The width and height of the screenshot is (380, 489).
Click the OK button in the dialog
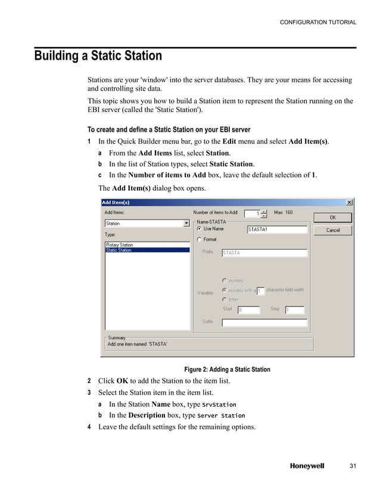point(333,218)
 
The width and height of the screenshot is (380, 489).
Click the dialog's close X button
point(350,202)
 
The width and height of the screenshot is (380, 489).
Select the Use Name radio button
point(199,228)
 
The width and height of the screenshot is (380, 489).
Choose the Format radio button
point(199,239)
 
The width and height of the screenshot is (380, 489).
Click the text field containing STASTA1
point(277,229)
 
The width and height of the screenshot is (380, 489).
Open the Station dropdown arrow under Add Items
point(186,224)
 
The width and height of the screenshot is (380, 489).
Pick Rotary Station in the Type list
point(119,245)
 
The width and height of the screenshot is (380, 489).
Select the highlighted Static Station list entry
point(119,250)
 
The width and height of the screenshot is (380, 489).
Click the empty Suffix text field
point(264,323)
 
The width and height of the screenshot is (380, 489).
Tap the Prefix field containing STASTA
point(264,253)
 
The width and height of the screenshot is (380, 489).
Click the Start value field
point(248,310)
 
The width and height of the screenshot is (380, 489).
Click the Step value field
point(294,310)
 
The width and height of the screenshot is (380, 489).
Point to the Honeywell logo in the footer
point(307,466)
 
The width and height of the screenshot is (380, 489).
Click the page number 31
point(351,466)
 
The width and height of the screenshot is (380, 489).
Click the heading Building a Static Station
point(98,56)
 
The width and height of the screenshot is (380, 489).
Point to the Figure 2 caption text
point(227,369)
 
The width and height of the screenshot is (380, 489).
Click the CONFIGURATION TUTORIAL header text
point(318,23)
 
